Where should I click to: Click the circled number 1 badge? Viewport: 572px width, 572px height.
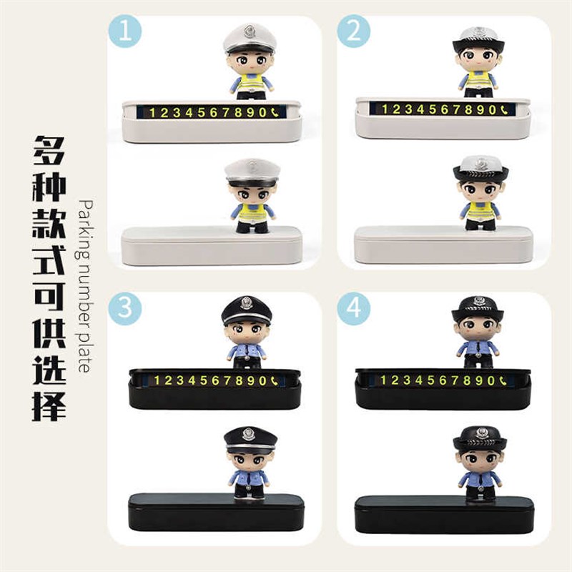pyautogui.click(x=124, y=32)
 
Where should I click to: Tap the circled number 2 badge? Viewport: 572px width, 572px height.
pyautogui.click(x=353, y=32)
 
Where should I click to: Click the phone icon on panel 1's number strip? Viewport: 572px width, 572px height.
pyautogui.click(x=275, y=112)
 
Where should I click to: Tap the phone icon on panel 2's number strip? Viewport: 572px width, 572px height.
pyautogui.click(x=503, y=109)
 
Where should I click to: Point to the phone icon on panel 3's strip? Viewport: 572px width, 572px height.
pyautogui.click(x=275, y=380)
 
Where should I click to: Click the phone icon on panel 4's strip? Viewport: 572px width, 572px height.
pyautogui.click(x=503, y=380)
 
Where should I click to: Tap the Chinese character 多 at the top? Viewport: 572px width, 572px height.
pyautogui.click(x=49, y=151)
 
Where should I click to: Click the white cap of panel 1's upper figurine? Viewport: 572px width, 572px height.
pyautogui.click(x=249, y=36)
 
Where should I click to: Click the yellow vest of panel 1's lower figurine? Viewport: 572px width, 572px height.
pyautogui.click(x=252, y=212)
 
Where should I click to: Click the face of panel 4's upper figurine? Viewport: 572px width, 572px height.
pyautogui.click(x=478, y=328)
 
